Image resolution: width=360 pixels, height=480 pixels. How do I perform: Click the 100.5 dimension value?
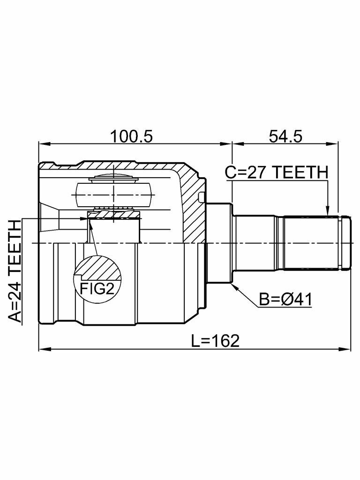pos(132,136)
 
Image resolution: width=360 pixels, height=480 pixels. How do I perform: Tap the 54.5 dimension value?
pos(285,136)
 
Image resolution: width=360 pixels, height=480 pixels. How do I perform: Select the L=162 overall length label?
pos(215,341)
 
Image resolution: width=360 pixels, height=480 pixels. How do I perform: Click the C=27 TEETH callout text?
pos(277,172)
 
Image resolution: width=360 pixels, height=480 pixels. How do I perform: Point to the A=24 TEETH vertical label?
pos(15,271)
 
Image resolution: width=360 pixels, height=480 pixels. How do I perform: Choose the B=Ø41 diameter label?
pos(285,300)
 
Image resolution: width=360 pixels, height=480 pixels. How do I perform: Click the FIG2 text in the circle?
pos(97,288)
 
